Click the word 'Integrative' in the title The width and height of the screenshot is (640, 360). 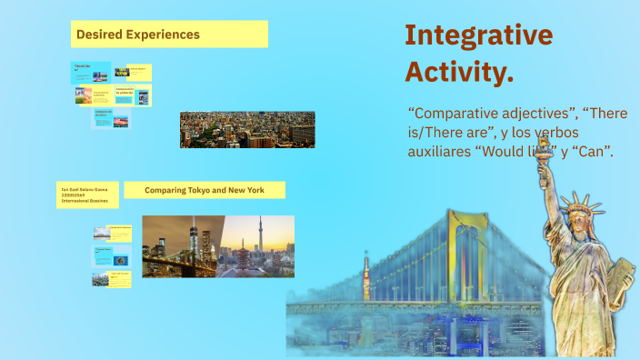pos(478,35)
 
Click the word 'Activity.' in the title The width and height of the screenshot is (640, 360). pos(459,71)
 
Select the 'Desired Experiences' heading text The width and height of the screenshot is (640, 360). pos(138,35)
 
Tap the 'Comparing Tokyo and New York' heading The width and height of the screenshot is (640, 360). pos(204,190)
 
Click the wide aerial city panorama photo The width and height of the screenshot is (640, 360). pos(247,129)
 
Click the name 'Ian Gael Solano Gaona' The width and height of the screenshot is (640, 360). pos(82,188)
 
